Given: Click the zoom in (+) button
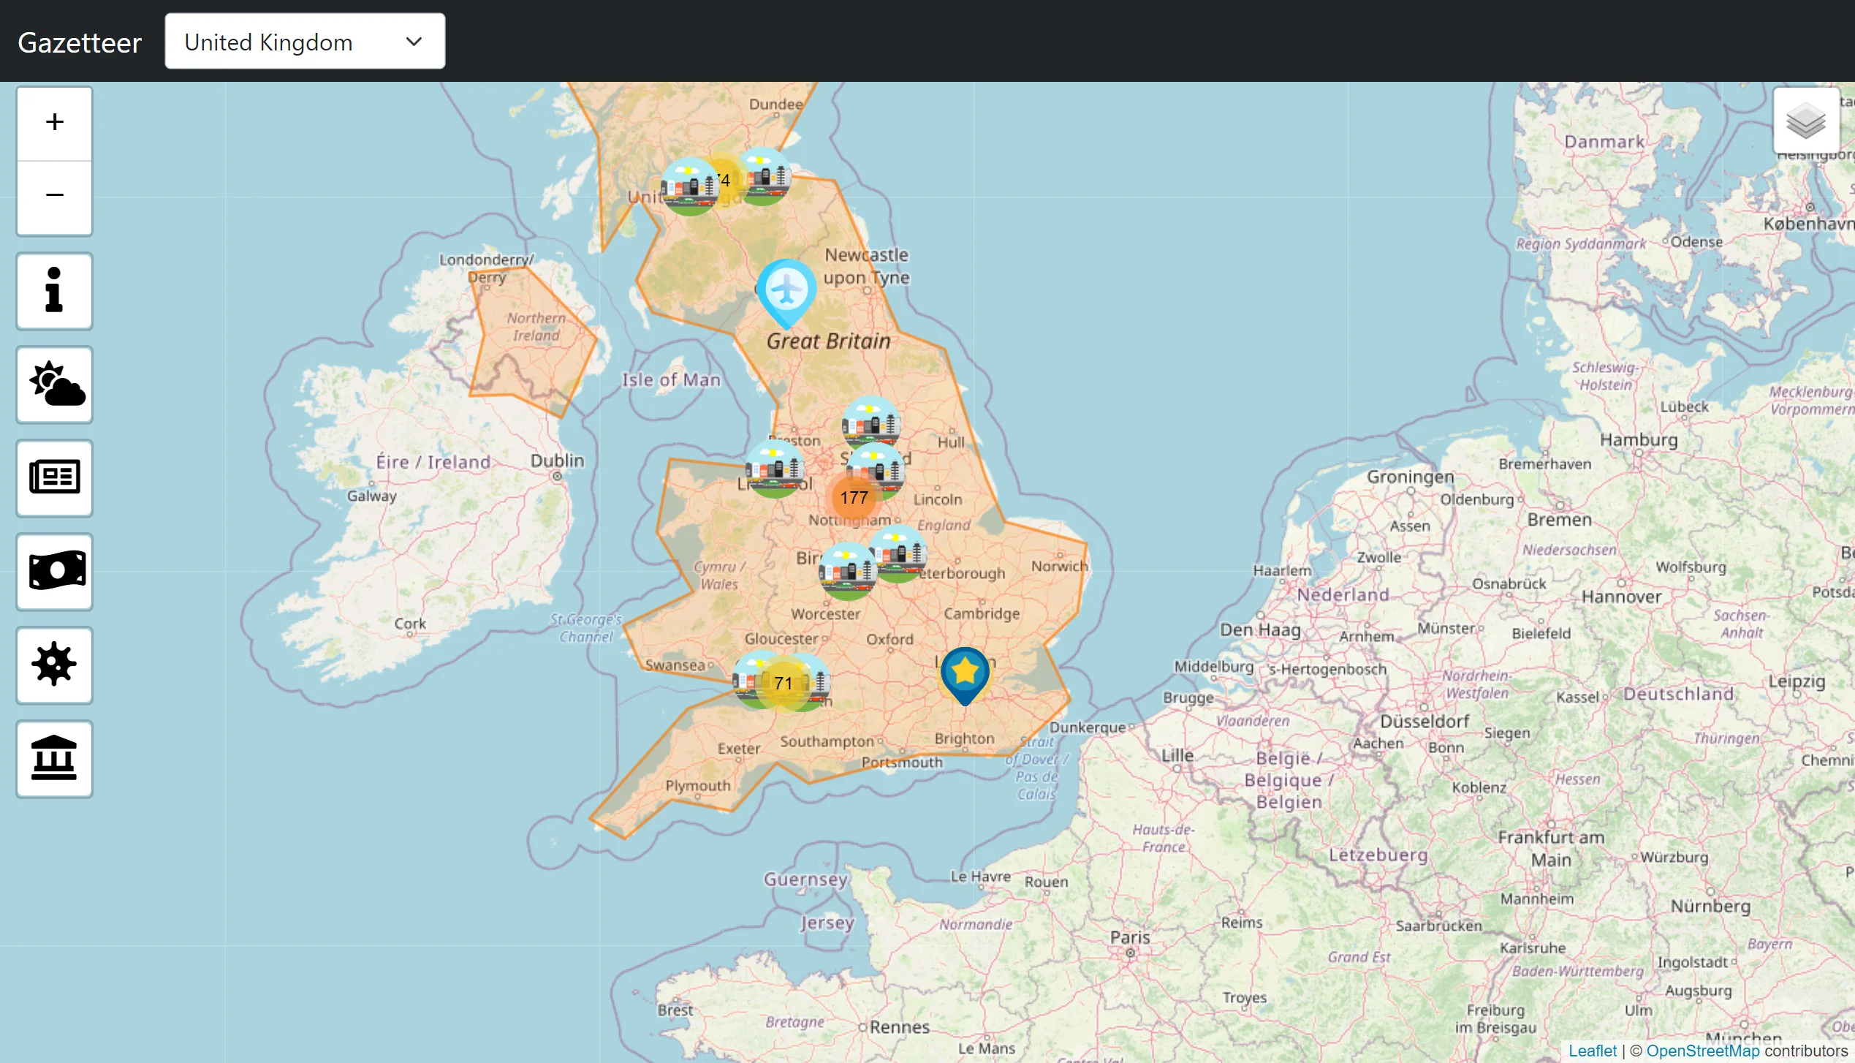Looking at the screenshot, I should [54, 123].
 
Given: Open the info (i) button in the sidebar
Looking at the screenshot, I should [54, 291].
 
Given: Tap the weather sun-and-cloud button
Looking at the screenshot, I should [54, 385].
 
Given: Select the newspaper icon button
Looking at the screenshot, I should [54, 478].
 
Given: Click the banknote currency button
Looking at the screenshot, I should [54, 571].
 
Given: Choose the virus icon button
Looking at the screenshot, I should [54, 665].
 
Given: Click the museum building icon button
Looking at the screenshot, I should [54, 758].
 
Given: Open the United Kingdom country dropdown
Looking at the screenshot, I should [304, 42].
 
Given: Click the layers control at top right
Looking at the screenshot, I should [1805, 121].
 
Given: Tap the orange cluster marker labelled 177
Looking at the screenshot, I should [854, 498].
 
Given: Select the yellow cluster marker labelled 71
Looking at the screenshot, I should [783, 684].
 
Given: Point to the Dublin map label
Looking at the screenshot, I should [557, 461].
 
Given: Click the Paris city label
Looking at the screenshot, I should [1130, 937].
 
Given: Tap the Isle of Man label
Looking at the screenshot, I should [671, 380].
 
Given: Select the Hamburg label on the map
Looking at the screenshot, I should [1639, 440].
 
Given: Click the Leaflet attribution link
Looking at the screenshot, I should [1592, 1051].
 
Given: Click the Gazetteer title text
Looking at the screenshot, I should [80, 42].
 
